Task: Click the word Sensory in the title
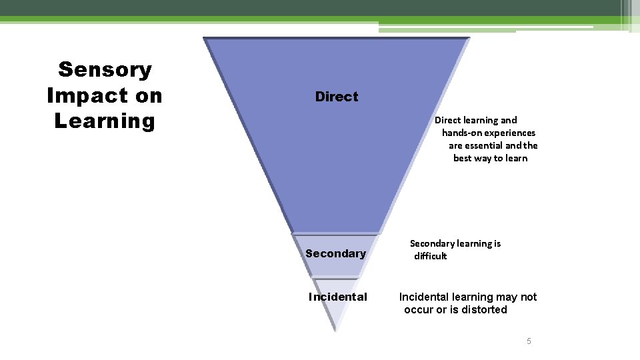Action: [105, 69]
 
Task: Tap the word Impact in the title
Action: [81, 95]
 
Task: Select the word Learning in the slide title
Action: [105, 121]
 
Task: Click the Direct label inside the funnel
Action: [336, 97]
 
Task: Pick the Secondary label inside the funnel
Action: [335, 253]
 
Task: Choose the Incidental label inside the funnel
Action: [337, 297]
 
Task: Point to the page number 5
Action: [529, 341]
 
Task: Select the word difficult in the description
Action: [430, 256]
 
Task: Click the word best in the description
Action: [462, 158]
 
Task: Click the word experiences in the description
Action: [511, 133]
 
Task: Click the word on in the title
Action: [148, 95]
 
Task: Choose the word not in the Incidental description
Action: [529, 297]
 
